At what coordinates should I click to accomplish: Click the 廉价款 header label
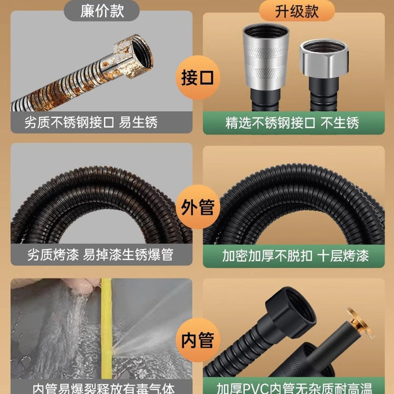[102, 11]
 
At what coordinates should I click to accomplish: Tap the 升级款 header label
[297, 11]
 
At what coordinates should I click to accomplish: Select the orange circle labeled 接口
[198, 78]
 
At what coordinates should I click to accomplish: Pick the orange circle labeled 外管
[198, 207]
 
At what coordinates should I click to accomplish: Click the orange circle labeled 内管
[198, 340]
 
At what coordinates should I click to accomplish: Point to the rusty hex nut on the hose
[133, 56]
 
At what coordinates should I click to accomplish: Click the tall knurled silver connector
[266, 56]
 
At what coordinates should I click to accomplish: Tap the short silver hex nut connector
[324, 59]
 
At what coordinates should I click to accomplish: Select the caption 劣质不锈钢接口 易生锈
[91, 123]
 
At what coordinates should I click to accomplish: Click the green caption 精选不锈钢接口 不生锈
[292, 123]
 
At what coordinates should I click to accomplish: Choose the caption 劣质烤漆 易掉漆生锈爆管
[100, 254]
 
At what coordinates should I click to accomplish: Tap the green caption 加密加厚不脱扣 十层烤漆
[296, 256]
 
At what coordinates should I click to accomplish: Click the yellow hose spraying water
[107, 329]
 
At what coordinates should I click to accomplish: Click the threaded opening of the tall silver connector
[266, 31]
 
